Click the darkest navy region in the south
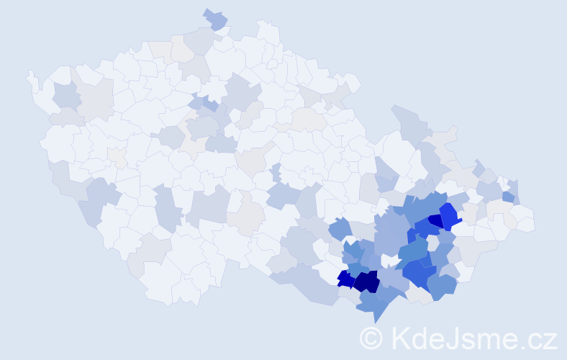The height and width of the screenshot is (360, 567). pyautogui.click(x=366, y=281)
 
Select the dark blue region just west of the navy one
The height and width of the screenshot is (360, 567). pyautogui.click(x=345, y=278)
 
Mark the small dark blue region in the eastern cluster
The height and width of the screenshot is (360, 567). pyautogui.click(x=435, y=220)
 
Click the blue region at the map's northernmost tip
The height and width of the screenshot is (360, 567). pyautogui.click(x=215, y=19)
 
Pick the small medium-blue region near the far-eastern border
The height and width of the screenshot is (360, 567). pyautogui.click(x=508, y=196)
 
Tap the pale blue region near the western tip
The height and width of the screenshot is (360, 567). pyautogui.click(x=67, y=94)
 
